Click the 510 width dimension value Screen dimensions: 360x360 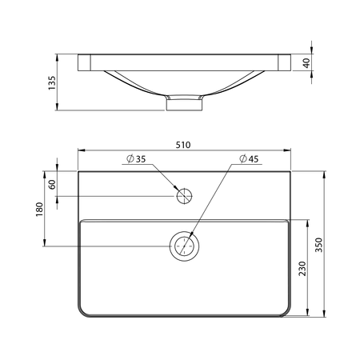coord(183,145)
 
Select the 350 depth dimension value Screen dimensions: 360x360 coord(318,245)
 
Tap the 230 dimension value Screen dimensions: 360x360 coord(302,269)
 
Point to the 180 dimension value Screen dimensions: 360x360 coord(39,210)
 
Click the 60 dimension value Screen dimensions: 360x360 coord(53,185)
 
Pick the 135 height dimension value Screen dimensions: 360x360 coord(52,83)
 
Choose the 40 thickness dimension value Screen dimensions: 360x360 coord(306,63)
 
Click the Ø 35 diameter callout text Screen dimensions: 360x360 coord(136,159)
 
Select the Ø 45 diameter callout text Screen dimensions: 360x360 coord(249,159)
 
